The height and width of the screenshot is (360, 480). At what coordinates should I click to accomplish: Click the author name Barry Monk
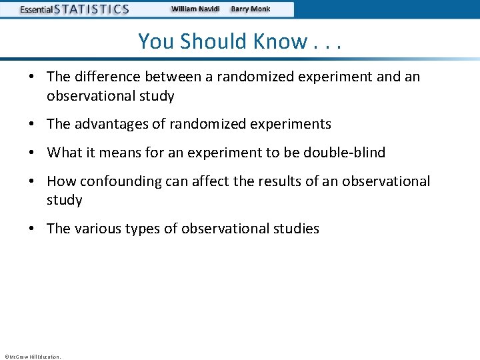click(x=251, y=9)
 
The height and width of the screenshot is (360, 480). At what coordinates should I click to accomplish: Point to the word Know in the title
click(x=279, y=41)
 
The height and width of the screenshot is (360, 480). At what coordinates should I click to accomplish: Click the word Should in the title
click(x=215, y=41)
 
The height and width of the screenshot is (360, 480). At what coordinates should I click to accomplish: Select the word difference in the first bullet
click(x=104, y=77)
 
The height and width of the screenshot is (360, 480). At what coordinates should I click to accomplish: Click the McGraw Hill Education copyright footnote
click(x=32, y=357)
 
